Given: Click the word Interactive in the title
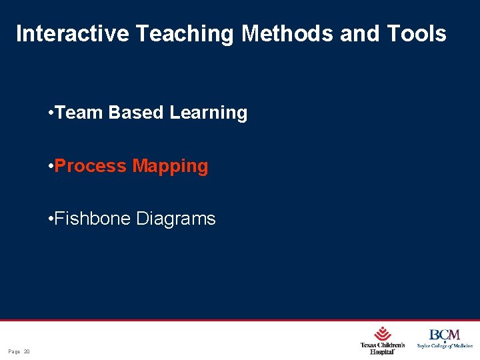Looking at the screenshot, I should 72,34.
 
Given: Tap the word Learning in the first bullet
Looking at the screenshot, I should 208,113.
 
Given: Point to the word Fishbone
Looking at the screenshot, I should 93,219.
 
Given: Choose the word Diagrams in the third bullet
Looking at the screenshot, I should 177,219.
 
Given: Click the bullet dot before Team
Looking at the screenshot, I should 51,113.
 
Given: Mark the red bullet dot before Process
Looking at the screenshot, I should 51,166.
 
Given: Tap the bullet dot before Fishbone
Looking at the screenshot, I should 51,219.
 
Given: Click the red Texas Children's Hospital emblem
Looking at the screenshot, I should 383,333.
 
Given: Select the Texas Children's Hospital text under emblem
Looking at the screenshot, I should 382,348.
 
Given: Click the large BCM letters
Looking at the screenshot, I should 444,335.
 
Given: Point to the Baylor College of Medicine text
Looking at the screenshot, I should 445,345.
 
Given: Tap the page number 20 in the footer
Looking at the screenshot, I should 27,351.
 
